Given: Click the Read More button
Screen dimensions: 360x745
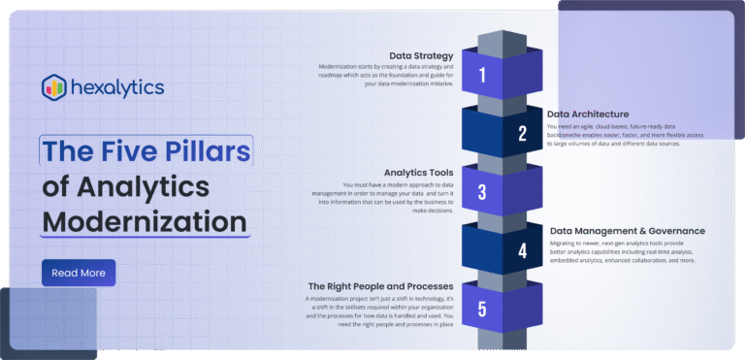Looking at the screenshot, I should pyautogui.click(x=79, y=273).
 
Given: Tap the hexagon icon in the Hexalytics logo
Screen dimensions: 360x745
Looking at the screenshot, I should pyautogui.click(x=53, y=87).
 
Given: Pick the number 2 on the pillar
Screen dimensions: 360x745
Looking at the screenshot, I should pyautogui.click(x=522, y=134).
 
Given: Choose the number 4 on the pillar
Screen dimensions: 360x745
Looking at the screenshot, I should pyautogui.click(x=522, y=250).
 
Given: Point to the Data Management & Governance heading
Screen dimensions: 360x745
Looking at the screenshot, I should pyautogui.click(x=626, y=231).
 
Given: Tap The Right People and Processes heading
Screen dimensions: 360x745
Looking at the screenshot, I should pyautogui.click(x=379, y=287).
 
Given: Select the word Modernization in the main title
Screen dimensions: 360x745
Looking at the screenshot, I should pyautogui.click(x=145, y=220).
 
